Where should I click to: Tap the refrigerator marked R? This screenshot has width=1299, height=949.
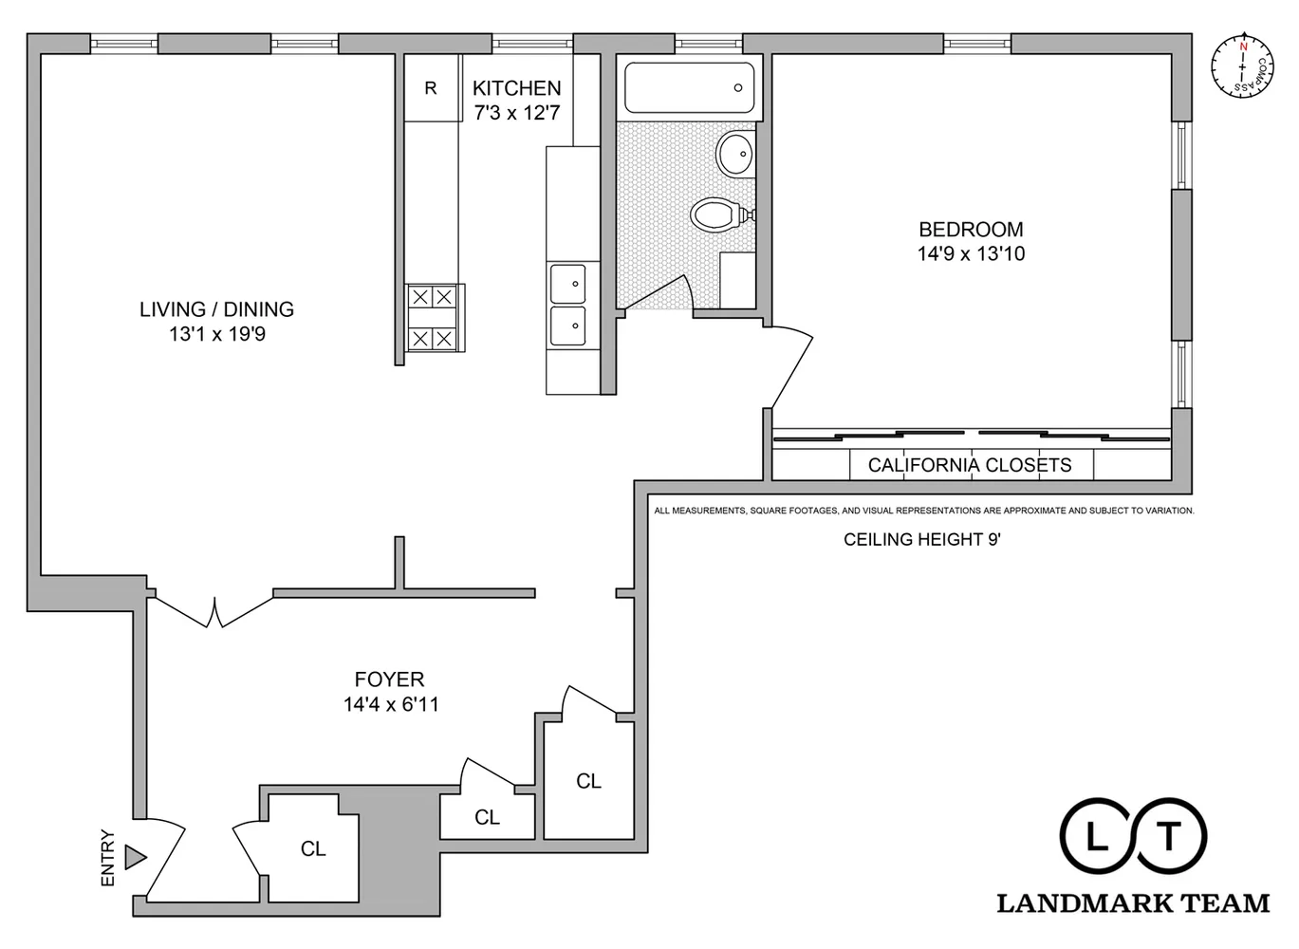click(431, 88)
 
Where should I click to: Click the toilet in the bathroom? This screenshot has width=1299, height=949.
click(716, 214)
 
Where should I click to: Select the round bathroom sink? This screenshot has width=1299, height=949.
click(734, 154)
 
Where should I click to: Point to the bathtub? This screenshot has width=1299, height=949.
click(690, 88)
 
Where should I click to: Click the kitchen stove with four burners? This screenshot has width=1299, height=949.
click(432, 318)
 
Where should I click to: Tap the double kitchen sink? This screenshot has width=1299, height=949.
click(568, 306)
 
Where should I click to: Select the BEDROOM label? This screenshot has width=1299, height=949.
click(971, 230)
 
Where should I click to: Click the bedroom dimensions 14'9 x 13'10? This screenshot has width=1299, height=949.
click(971, 254)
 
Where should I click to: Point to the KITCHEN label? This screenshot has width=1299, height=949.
click(517, 88)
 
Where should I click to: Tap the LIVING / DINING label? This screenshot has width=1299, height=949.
click(216, 309)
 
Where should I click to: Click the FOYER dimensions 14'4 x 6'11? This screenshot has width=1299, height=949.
click(390, 705)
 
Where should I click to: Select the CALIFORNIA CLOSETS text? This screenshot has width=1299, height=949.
click(970, 465)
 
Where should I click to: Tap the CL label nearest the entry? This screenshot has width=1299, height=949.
click(313, 849)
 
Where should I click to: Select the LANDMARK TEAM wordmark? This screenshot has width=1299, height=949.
click(1132, 903)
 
